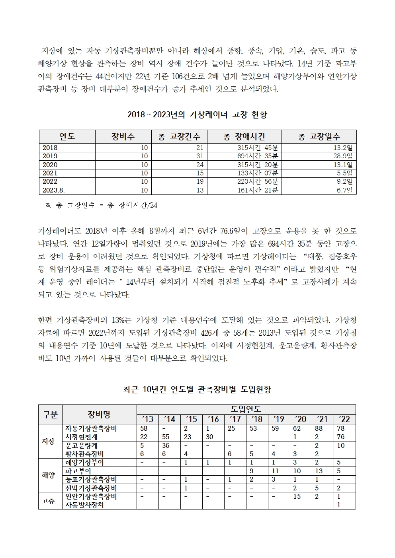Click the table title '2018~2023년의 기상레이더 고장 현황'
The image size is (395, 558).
click(x=197, y=115)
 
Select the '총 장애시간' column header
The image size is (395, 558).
click(x=244, y=136)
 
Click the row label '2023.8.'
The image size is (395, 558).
click(x=54, y=190)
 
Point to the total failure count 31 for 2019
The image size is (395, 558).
click(x=199, y=156)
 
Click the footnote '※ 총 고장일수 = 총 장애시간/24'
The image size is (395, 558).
click(x=102, y=205)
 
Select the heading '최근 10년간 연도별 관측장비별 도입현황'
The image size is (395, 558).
click(x=197, y=389)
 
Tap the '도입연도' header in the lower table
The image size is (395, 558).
click(x=246, y=409)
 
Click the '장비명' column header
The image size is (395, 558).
click(x=99, y=414)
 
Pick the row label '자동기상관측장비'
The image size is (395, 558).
click(x=91, y=428)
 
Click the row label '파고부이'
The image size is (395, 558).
click(x=78, y=471)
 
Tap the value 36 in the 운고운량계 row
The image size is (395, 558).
click(x=166, y=445)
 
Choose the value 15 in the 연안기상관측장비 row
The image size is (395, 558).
click(x=297, y=496)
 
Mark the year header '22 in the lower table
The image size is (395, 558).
click(x=344, y=419)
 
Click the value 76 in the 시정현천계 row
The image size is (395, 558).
click(x=340, y=437)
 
